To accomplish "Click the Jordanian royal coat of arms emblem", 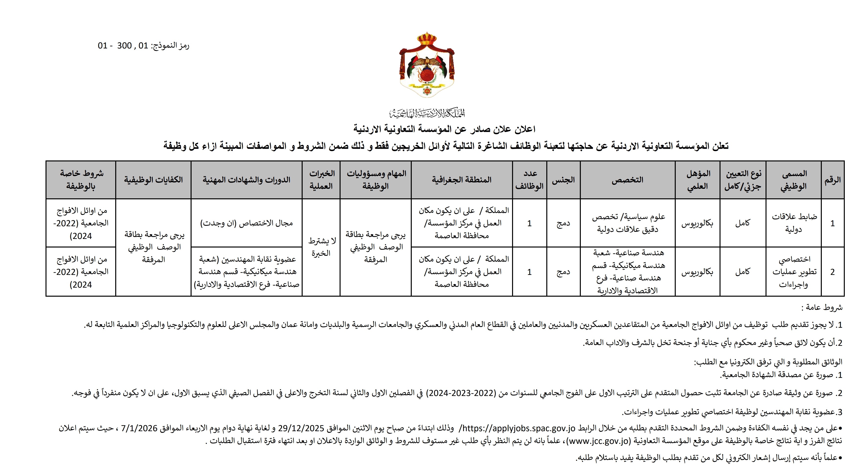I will tap(427, 65).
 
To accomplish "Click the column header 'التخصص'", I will tap(627, 180).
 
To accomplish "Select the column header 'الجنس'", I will tap(563, 180).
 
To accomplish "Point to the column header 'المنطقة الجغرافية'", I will tap(462, 180).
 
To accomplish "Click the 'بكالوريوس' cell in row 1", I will tap(697, 223).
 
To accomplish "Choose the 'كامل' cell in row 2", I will tap(743, 272).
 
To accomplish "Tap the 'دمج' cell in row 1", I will tap(563, 223).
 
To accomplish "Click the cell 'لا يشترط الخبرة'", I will tap(321, 247).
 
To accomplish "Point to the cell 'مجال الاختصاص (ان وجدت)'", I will tap(246, 223).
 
